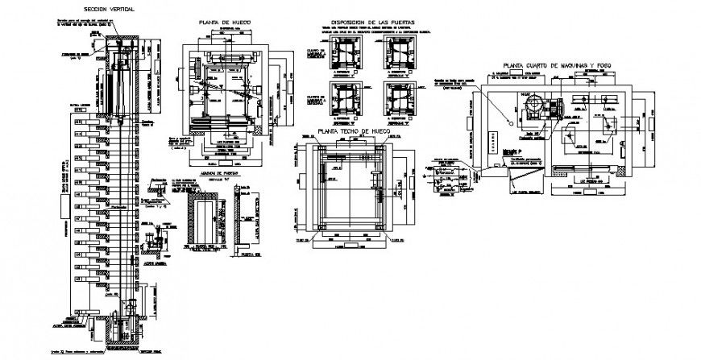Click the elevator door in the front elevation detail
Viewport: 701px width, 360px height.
pyautogui.click(x=207, y=217)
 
